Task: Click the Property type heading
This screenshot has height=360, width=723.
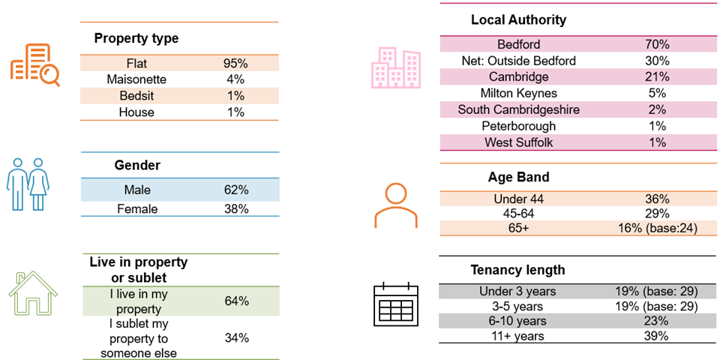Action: click(x=136, y=38)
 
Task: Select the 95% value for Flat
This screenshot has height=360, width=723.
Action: click(x=235, y=62)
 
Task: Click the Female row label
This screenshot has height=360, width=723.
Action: click(x=137, y=208)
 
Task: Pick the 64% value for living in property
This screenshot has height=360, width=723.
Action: click(x=236, y=301)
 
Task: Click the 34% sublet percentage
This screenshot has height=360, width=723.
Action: click(x=236, y=337)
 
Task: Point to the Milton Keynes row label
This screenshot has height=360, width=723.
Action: click(x=519, y=93)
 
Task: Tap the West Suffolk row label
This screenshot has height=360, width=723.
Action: click(x=518, y=142)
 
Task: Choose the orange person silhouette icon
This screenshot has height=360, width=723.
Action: click(x=395, y=205)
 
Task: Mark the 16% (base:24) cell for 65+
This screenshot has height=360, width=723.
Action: click(x=657, y=228)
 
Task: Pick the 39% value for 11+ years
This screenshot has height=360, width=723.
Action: click(x=657, y=335)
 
